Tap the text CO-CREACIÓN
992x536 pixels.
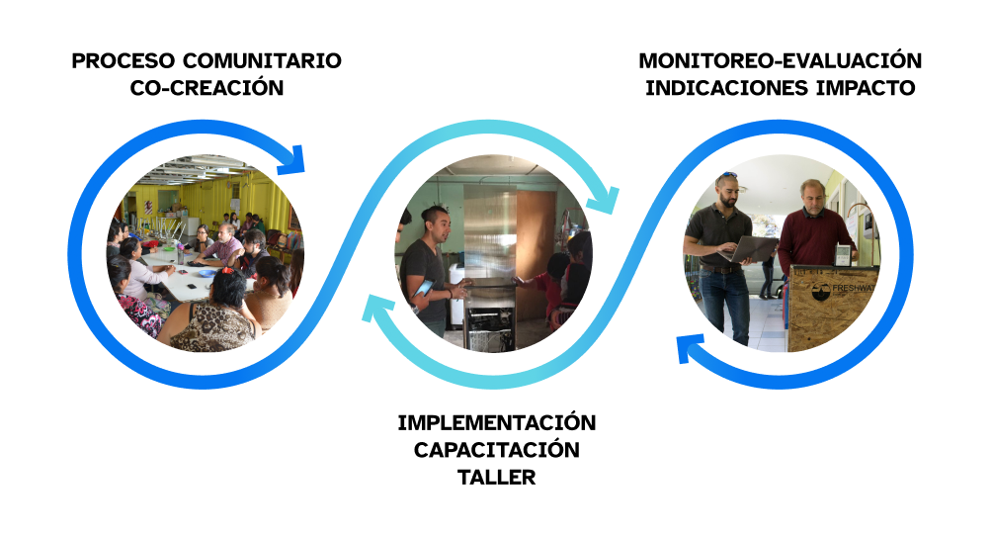(207, 88)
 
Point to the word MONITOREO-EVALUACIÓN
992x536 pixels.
(780, 60)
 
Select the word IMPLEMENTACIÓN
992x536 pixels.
(497, 423)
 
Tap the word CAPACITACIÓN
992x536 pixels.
(496, 450)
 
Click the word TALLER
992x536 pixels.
(496, 477)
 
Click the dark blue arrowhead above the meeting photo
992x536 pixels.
(293, 156)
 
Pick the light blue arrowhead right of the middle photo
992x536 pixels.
(604, 198)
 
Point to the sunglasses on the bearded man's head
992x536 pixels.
(729, 176)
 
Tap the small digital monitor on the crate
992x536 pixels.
(843, 254)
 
